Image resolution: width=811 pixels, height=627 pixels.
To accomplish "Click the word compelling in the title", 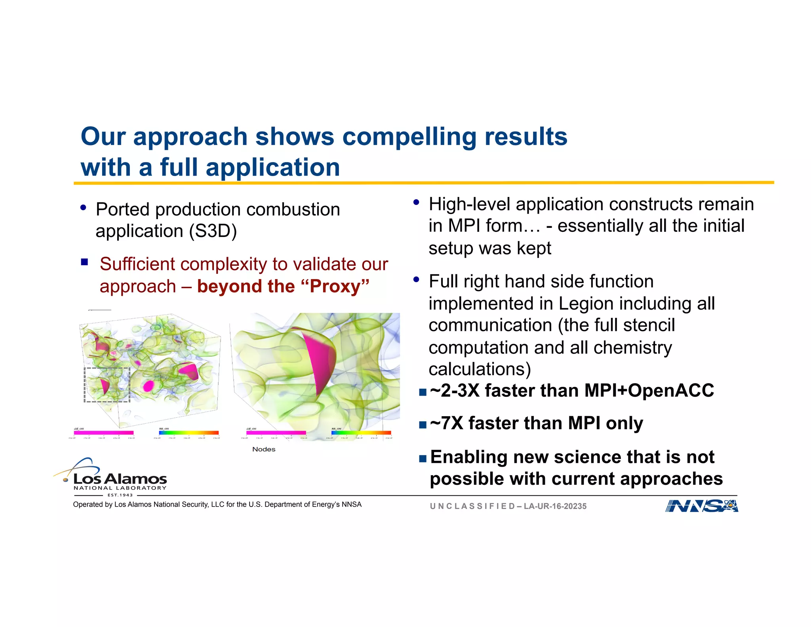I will coord(409,137).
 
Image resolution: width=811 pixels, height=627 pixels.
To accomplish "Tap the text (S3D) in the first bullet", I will coord(213,231).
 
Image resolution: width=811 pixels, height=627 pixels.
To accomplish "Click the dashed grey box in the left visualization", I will coord(107,385).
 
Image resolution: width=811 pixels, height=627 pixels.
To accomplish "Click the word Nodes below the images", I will coord(264,449).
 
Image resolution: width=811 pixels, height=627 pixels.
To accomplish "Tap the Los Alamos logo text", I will coord(120,479).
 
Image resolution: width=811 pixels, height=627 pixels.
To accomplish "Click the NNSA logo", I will coord(701,506).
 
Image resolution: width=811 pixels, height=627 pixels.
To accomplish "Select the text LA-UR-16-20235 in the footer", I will coord(555,506).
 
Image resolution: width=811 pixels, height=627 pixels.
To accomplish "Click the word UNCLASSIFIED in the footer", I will coord(472,506).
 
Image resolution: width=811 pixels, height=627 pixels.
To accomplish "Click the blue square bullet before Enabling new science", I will coord(423,459).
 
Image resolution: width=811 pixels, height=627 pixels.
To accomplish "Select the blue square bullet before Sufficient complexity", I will coord(84,262).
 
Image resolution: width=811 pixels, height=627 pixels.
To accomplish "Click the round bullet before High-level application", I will coord(416,203).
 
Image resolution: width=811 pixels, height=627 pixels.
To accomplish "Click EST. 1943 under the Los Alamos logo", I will coord(120,495).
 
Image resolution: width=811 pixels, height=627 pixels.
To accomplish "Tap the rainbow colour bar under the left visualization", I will coord(188,433).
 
